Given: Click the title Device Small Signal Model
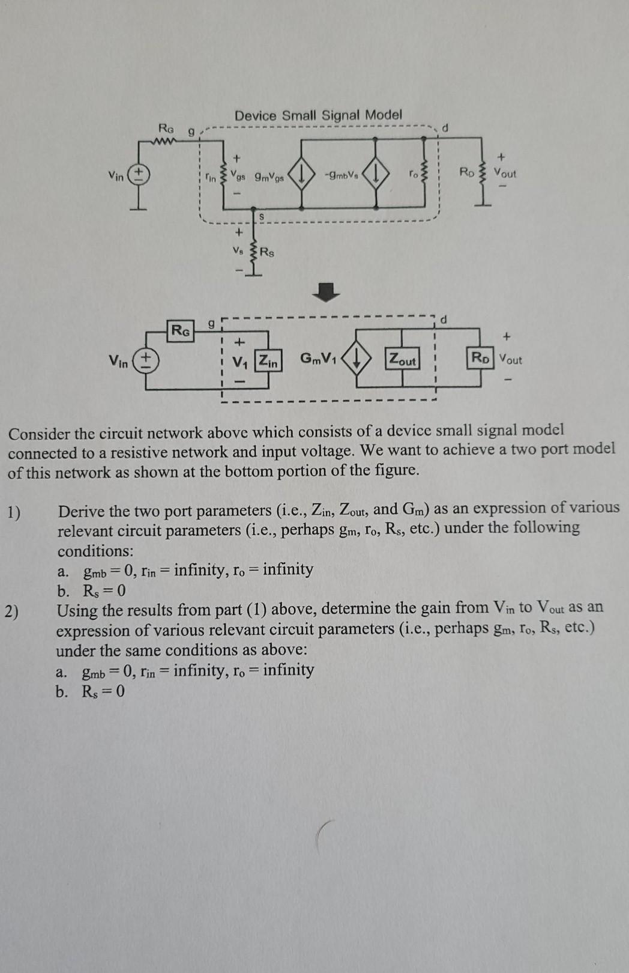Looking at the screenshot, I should pyautogui.click(x=318, y=115).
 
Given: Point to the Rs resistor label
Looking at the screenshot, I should pyautogui.click(x=267, y=252).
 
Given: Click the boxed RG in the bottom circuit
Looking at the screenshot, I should pyautogui.click(x=181, y=330).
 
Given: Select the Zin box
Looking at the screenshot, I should pyautogui.click(x=268, y=362).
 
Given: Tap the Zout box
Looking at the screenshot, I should pyautogui.click(x=402, y=360).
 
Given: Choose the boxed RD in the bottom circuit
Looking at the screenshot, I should pyautogui.click(x=480, y=358).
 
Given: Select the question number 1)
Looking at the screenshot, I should pyautogui.click(x=14, y=512).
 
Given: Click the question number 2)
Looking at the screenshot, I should pyautogui.click(x=12, y=612).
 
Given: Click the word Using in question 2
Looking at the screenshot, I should pyautogui.click(x=76, y=611).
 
